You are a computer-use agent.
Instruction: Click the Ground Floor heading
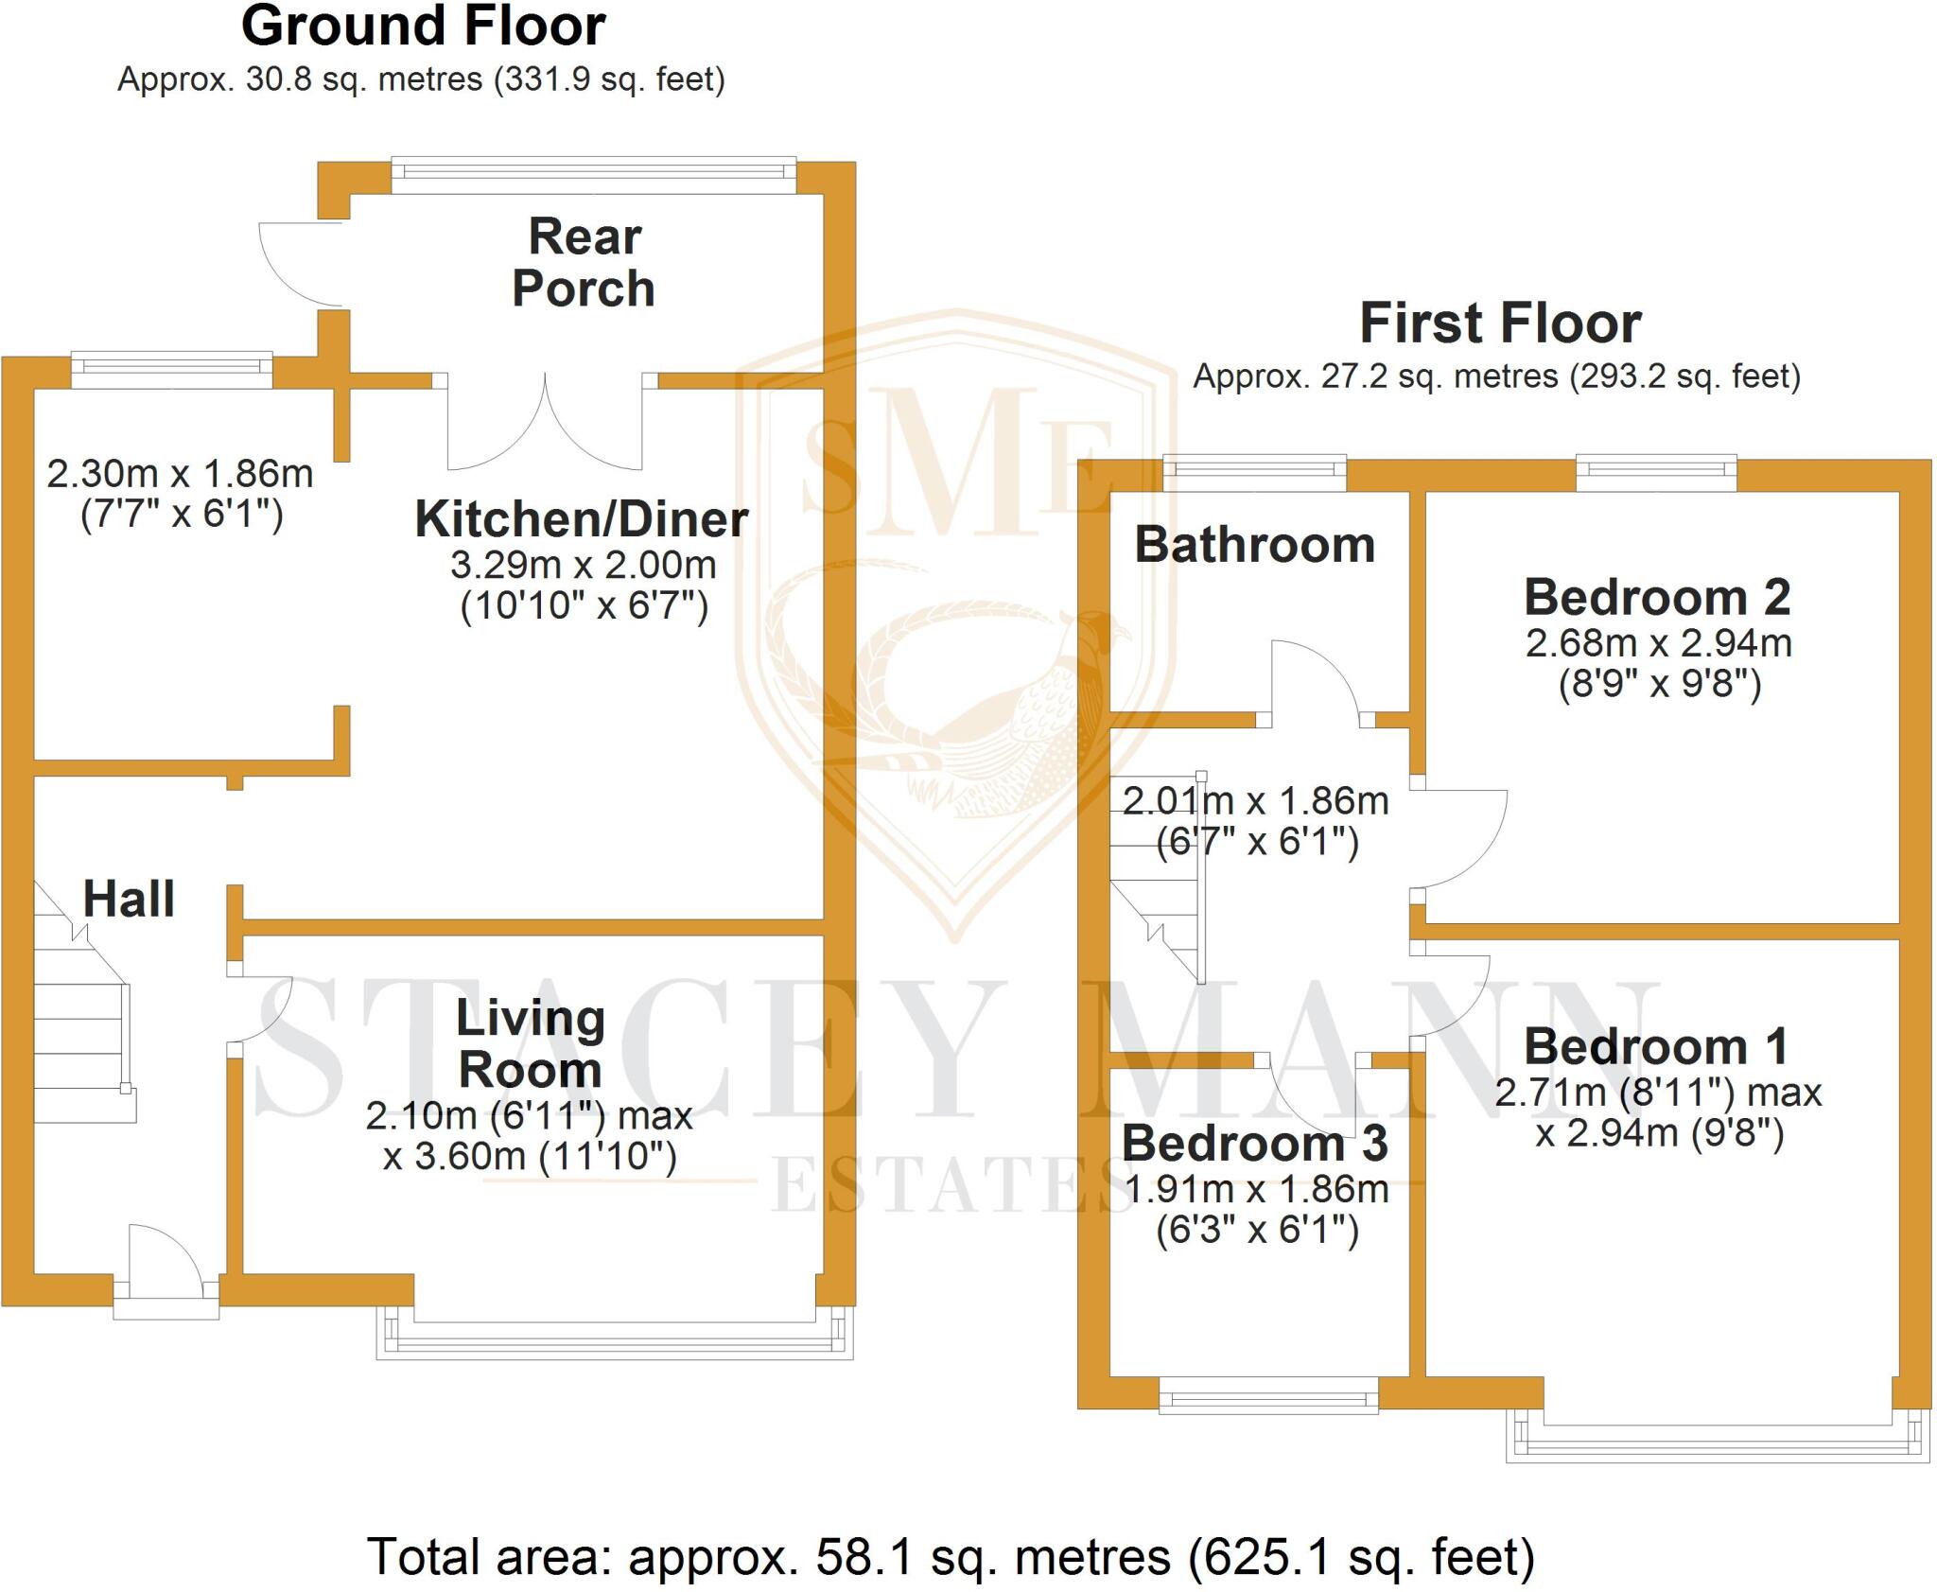click(x=423, y=26)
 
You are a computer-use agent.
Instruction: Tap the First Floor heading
click(x=1500, y=324)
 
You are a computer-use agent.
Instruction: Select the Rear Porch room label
click(x=584, y=262)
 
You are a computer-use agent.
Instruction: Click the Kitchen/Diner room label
click(x=582, y=519)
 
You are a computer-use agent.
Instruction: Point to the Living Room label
click(x=530, y=1043)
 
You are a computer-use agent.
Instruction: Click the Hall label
click(x=129, y=899)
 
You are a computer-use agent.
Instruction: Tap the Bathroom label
click(x=1254, y=545)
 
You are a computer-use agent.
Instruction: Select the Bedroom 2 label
click(x=1657, y=597)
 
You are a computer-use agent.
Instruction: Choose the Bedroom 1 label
click(x=1656, y=1046)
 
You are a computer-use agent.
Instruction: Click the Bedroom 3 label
click(x=1254, y=1143)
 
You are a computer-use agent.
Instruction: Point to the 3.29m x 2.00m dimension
click(x=583, y=566)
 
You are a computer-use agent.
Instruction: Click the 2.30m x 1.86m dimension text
click(x=180, y=474)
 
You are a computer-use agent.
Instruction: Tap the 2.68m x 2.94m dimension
click(x=1658, y=643)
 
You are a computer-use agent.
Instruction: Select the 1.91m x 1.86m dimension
click(x=1257, y=1189)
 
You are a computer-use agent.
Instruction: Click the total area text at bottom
click(x=950, y=1557)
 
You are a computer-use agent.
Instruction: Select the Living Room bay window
click(x=615, y=1335)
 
